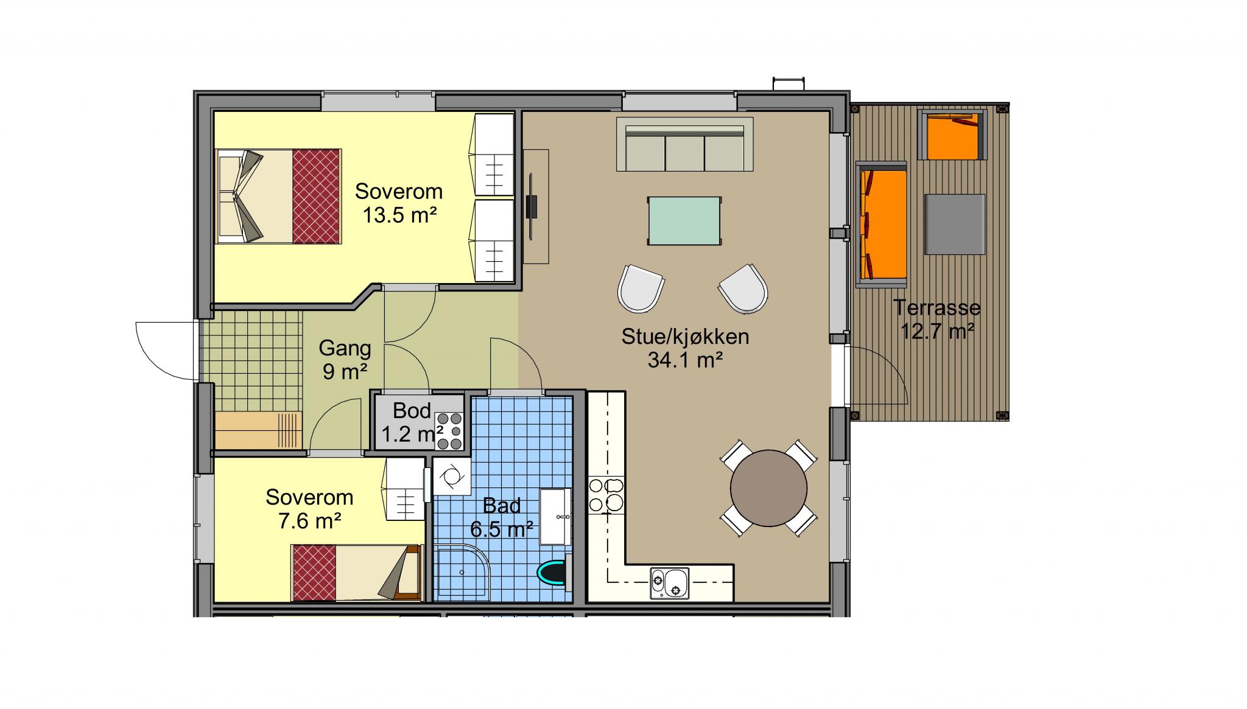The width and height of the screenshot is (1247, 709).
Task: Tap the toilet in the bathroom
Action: pyautogui.click(x=554, y=572)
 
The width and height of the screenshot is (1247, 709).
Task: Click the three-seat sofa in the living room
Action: pyautogui.click(x=685, y=144)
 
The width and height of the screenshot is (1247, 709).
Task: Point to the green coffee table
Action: pyautogui.click(x=684, y=220)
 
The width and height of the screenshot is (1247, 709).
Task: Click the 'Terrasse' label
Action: pyautogui.click(x=937, y=307)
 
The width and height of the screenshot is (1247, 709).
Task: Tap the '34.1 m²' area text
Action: pyautogui.click(x=685, y=360)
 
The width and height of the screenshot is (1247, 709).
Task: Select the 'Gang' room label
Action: pyautogui.click(x=345, y=349)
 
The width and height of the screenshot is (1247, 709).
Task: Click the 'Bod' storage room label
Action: pyautogui.click(x=412, y=411)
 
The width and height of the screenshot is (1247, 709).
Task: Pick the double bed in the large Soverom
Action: pyautogui.click(x=278, y=196)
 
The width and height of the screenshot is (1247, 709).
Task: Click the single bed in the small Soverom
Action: pyautogui.click(x=356, y=573)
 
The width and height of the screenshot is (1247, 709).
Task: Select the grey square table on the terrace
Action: pyautogui.click(x=954, y=224)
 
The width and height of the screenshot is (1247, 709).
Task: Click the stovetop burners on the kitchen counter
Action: pyautogui.click(x=606, y=495)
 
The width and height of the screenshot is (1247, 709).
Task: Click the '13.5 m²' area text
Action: pyautogui.click(x=401, y=215)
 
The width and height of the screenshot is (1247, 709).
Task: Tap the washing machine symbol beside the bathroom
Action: pyautogui.click(x=451, y=477)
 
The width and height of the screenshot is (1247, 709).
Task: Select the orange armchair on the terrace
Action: pyautogui.click(x=953, y=134)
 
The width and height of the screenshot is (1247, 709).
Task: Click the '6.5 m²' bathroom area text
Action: pyautogui.click(x=502, y=529)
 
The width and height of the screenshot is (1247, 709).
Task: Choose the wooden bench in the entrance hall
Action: pyautogui.click(x=259, y=430)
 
